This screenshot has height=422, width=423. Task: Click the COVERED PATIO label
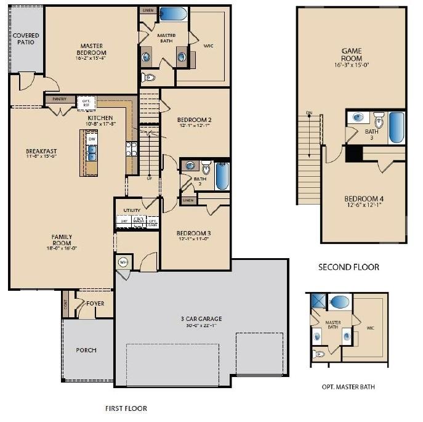coord(26,39)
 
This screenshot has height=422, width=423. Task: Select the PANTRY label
coord(60,99)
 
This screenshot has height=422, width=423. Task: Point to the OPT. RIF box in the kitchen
coord(85,102)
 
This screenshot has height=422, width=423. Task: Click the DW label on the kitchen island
coord(92,139)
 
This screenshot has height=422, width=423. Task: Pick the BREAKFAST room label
coord(41,151)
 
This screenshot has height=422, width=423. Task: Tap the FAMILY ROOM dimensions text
coord(62,249)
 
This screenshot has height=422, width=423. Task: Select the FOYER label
coord(95,304)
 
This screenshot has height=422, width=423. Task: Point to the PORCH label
coord(86,350)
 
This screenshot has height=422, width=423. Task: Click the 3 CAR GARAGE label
coord(201,319)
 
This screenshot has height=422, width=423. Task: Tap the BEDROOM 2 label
coord(195,120)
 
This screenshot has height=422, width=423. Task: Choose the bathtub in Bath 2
coord(222,176)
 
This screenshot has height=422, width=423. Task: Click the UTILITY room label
coord(132,211)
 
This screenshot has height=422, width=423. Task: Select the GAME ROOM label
coord(352,55)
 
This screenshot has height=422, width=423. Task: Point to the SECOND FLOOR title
coord(348,267)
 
